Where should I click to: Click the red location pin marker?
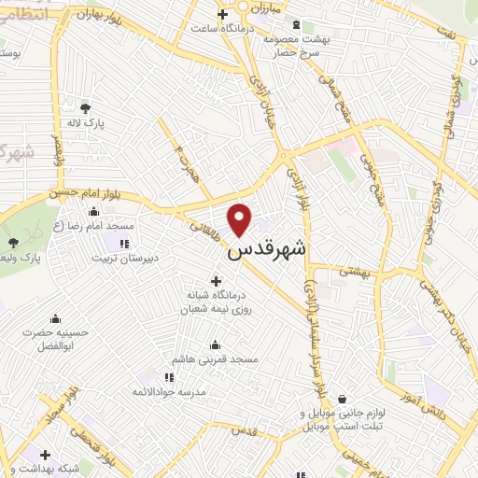[x=241, y=218]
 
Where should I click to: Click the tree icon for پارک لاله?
[x=86, y=108]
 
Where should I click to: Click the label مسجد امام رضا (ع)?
[x=93, y=227]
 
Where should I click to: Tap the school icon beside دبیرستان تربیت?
[x=124, y=244]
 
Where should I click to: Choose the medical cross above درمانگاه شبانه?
[x=217, y=280]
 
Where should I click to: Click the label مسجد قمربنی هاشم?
[x=216, y=359]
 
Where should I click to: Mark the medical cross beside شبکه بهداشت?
[x=46, y=455]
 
